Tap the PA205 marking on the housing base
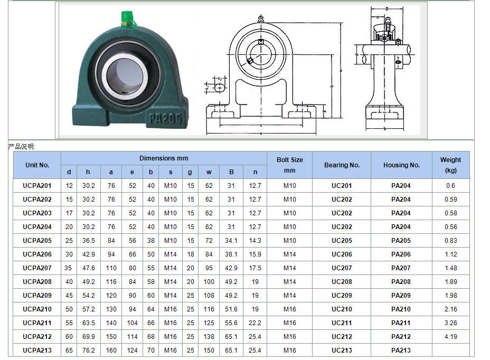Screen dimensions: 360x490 pos(166,117)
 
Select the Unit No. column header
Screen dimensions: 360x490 pos(37,165)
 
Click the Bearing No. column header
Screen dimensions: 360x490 pos(342,165)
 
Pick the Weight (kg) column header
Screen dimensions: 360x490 pos(450,165)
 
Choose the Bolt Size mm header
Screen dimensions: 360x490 pos(289,165)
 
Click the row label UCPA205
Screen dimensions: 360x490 pos(37,240)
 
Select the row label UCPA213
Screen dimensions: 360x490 pos(37,350)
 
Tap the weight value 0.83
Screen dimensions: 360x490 pos(450,240)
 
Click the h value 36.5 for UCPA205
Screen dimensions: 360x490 pos(89,240)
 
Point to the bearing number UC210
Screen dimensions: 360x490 pos(342,309)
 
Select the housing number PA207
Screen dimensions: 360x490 pos(401,268)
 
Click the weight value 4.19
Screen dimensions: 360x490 pos(450,336)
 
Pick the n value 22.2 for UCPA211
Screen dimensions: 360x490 pos(255,323)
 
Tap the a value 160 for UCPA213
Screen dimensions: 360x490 pos(111,350)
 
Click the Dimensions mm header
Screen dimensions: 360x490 pos(164,158)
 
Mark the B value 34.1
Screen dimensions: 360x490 pos(231,240)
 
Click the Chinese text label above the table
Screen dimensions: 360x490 pos(22,146)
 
